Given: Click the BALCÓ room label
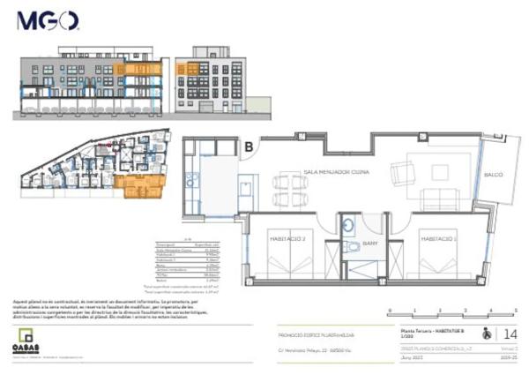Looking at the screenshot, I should point(493,175).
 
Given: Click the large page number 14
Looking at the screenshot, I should point(509,334).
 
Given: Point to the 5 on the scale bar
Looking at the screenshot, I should point(515,310).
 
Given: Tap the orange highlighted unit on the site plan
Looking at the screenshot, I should point(138,184).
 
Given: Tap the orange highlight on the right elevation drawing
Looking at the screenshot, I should point(187,69).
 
